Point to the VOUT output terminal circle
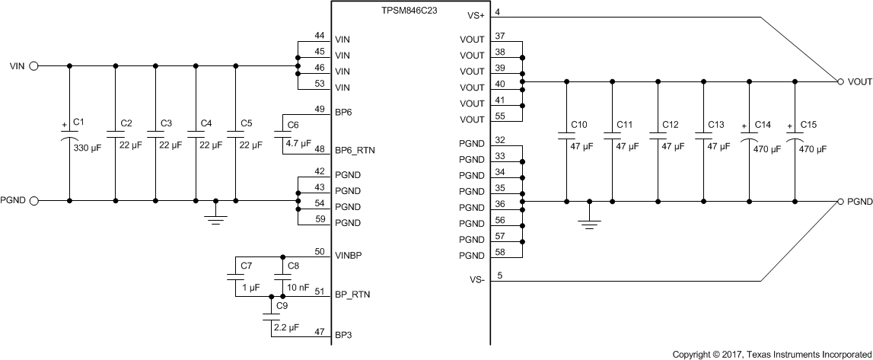point(840,81)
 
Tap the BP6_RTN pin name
point(355,151)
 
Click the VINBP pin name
point(348,255)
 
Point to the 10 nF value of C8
point(298,288)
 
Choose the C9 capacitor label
point(282,305)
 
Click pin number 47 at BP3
point(319,331)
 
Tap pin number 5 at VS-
point(498,276)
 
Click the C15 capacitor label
point(808,124)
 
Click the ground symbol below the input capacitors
point(216,218)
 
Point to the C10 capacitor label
point(578,124)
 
